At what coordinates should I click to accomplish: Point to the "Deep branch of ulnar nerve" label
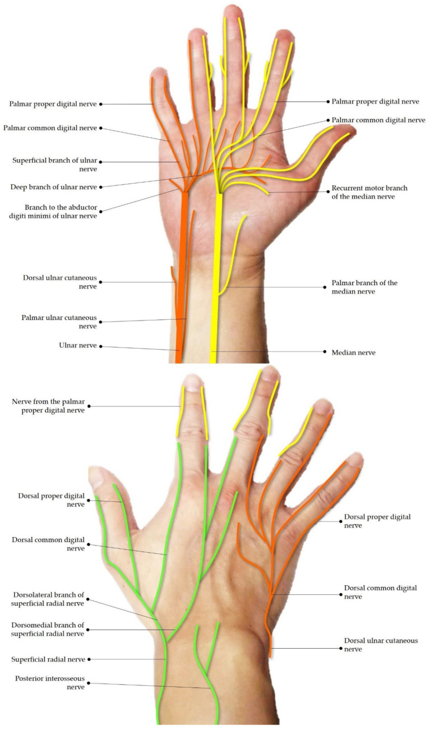(x=54, y=186)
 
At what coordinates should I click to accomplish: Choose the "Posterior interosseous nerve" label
(x=50, y=682)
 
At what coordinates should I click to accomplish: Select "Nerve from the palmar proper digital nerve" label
(x=48, y=406)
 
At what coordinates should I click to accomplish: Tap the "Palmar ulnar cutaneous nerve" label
(x=59, y=322)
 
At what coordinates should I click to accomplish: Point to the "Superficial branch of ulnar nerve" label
(x=54, y=164)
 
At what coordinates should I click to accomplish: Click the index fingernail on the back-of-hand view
(x=192, y=383)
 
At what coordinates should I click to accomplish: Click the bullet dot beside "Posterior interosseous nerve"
(x=89, y=683)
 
